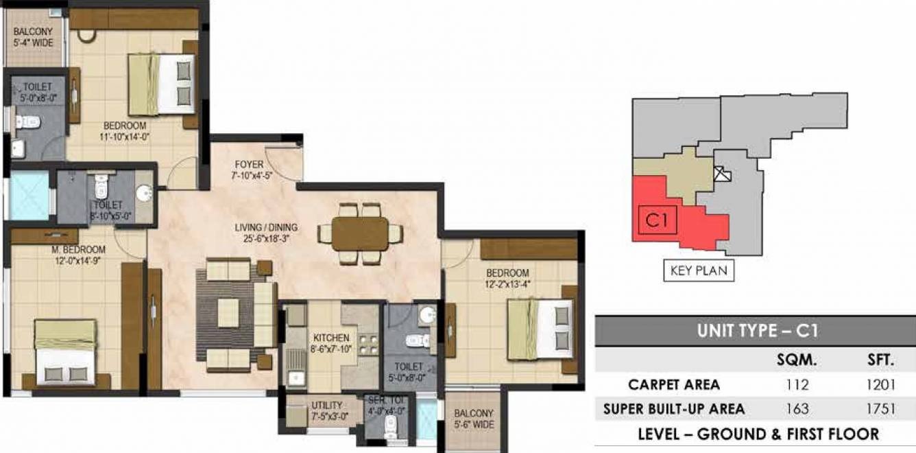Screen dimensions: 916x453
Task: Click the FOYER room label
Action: [x=249, y=165]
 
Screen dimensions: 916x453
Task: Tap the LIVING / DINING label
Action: [x=266, y=227]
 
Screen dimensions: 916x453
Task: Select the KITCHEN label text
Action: [x=331, y=338]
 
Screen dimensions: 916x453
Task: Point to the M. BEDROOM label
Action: [x=78, y=250]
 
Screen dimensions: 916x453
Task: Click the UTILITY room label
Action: [x=327, y=406]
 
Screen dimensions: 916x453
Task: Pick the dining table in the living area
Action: [x=360, y=233]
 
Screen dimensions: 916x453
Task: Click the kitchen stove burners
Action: [x=368, y=345]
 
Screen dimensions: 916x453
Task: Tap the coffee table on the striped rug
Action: [x=228, y=313]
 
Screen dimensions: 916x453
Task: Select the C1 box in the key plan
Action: [x=657, y=220]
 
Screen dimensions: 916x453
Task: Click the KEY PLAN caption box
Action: [x=699, y=270]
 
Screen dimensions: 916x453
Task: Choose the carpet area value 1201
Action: [x=880, y=384]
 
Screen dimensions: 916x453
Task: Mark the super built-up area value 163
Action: [x=797, y=409]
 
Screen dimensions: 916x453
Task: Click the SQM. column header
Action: [x=797, y=360]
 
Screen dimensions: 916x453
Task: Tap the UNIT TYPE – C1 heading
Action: [x=758, y=331]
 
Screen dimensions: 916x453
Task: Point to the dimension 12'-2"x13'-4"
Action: [x=507, y=284]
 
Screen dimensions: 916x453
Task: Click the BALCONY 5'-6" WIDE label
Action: [x=474, y=419]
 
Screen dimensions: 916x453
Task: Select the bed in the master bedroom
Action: [x=65, y=353]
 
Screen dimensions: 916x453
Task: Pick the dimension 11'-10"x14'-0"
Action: [x=124, y=137]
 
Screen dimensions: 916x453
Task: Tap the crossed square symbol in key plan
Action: [x=722, y=174]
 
